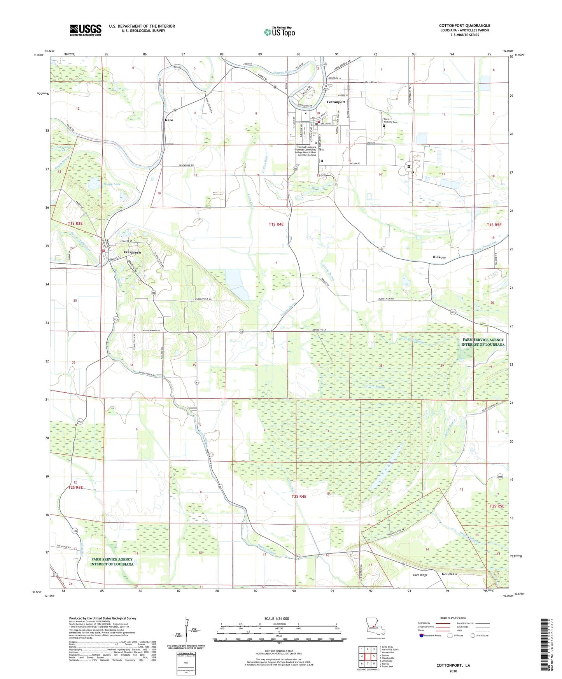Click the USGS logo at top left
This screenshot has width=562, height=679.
pyautogui.click(x=85, y=30)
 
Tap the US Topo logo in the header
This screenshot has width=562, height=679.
pyautogui.click(x=279, y=32)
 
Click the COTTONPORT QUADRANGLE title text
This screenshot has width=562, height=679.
pyautogui.click(x=464, y=25)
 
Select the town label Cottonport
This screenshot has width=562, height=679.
pyautogui.click(x=336, y=102)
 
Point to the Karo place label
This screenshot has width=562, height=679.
pyautogui.click(x=169, y=120)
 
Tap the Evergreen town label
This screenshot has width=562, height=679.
pyautogui.click(x=132, y=252)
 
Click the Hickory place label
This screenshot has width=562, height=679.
pyautogui.click(x=439, y=257)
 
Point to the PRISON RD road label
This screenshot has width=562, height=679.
pyautogui.click(x=360, y=163)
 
